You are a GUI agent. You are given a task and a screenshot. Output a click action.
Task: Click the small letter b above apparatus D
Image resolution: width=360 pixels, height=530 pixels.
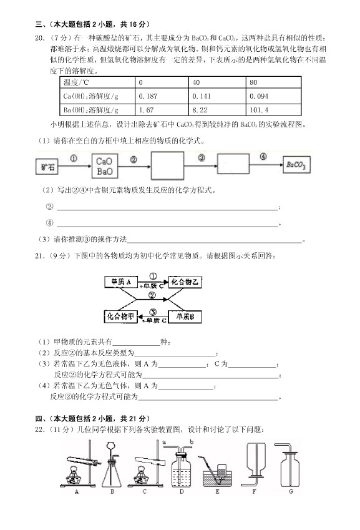pos(192,443)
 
